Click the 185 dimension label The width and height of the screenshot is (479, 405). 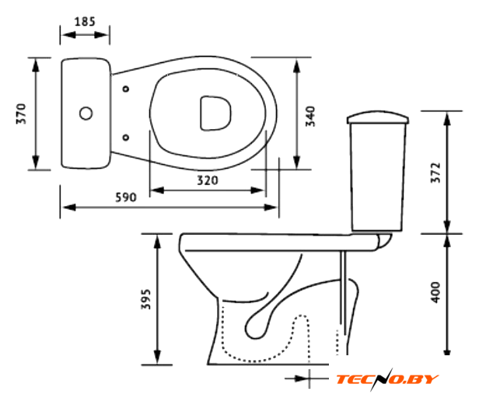coord(85,22)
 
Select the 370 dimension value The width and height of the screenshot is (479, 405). coord(22,113)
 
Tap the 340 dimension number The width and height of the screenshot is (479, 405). coord(310,117)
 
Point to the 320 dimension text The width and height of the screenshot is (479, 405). coord(208,180)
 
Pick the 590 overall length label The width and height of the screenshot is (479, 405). coord(126,197)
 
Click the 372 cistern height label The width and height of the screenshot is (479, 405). coord(436,173)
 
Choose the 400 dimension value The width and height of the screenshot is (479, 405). coord(436,292)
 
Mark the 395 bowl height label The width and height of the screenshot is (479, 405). coord(145,299)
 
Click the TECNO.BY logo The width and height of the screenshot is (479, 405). coord(387,379)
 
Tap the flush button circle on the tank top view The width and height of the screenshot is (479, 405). coord(86,113)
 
